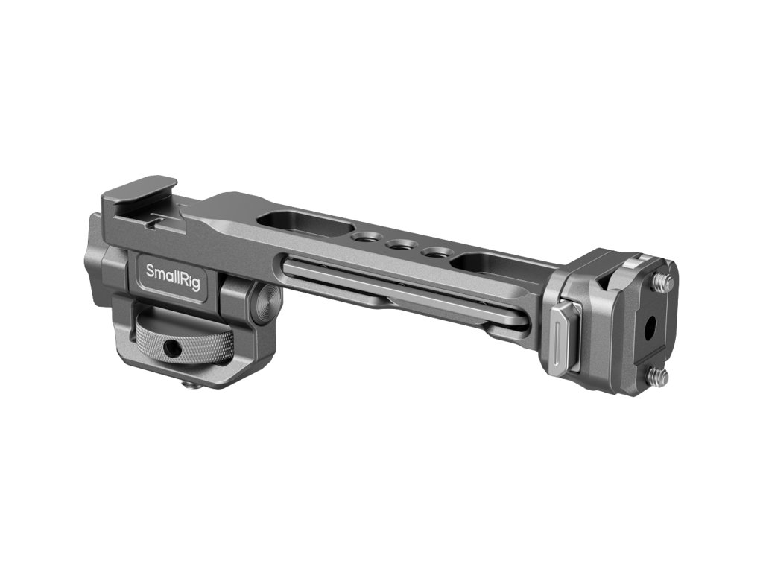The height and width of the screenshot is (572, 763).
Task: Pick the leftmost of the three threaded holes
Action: tap(365, 238)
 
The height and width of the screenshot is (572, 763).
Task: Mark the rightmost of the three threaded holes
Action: tap(434, 252)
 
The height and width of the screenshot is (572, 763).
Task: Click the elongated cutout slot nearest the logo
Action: tap(306, 223)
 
